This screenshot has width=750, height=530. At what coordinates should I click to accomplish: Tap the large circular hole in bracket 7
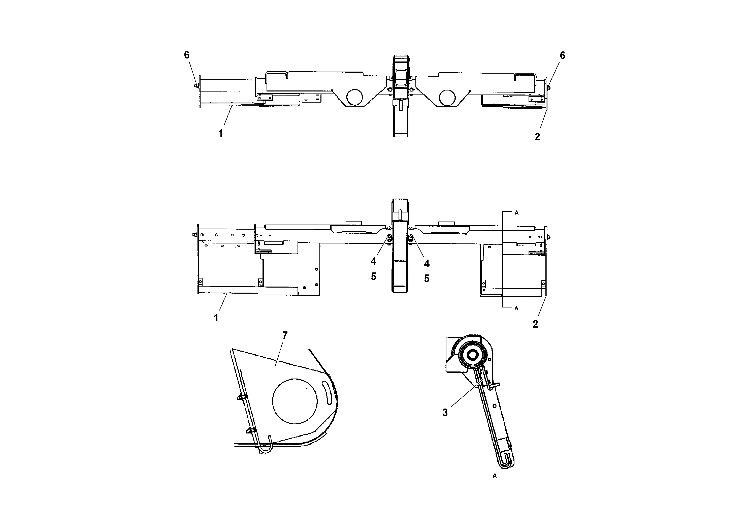[295, 401]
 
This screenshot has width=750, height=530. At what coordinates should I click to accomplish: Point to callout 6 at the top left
[186, 55]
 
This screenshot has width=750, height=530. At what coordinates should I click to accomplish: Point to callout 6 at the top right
[562, 55]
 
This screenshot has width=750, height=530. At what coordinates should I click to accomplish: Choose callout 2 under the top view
[537, 137]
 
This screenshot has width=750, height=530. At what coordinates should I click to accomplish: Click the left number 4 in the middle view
[373, 261]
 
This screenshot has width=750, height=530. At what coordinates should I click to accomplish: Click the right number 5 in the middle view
[427, 278]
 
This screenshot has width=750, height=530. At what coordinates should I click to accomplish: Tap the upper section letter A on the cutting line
[516, 213]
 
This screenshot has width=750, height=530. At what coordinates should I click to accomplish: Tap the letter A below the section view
[495, 476]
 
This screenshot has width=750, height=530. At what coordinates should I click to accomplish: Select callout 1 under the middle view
[216, 318]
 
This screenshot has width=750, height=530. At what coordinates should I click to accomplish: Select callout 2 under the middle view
[535, 324]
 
